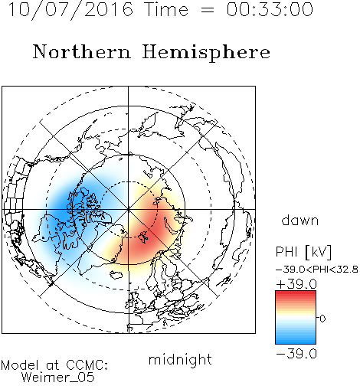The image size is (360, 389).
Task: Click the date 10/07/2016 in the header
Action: [x=70, y=10]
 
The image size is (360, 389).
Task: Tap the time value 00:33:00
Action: [x=270, y=9]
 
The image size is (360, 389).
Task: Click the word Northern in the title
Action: [x=82, y=51]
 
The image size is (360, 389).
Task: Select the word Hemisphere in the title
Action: [x=206, y=53]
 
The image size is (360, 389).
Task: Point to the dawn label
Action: [x=300, y=220]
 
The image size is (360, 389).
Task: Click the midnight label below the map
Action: [x=180, y=360]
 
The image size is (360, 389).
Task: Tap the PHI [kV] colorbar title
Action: [x=303, y=252]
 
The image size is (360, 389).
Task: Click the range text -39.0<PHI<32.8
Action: [x=317, y=270]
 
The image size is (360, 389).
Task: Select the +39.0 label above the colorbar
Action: [x=296, y=284]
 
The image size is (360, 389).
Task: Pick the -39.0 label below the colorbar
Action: [x=296, y=354]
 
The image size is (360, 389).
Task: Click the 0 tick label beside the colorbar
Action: [x=322, y=319]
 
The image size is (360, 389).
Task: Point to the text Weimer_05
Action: [x=58, y=378]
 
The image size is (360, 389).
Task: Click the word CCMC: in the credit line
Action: [x=87, y=365]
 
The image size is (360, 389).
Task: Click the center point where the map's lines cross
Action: [x=129, y=210]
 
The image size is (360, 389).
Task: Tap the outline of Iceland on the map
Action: [x=116, y=275]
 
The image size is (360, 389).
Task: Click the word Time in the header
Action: [x=166, y=9]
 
